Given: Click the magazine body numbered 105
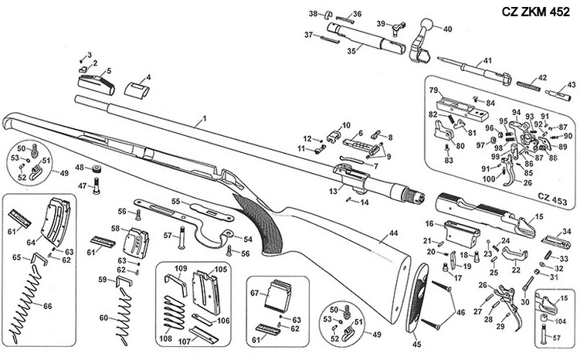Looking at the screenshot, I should tap(205, 287).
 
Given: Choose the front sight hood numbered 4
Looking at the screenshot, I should tap(137, 89).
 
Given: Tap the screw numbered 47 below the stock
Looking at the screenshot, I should tap(97, 185).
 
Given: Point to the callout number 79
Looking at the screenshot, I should tap(435, 90).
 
